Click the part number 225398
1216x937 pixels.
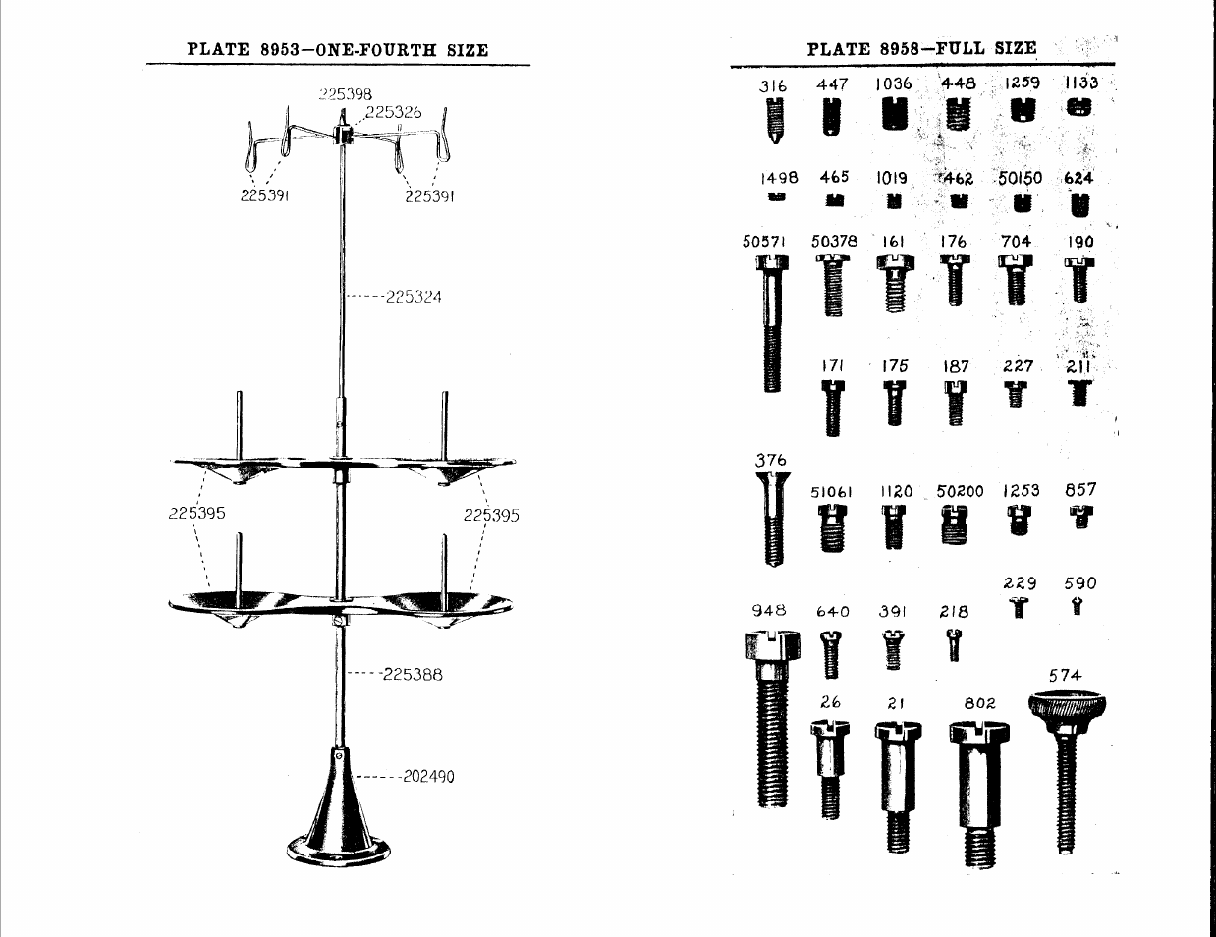346,94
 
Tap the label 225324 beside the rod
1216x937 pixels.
414,296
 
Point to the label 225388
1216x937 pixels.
413,674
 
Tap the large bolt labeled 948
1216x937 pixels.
773,717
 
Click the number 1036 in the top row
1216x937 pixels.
894,84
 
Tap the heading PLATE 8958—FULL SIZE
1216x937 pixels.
921,48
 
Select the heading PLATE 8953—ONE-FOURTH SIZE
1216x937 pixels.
338,50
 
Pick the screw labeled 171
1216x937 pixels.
833,408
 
